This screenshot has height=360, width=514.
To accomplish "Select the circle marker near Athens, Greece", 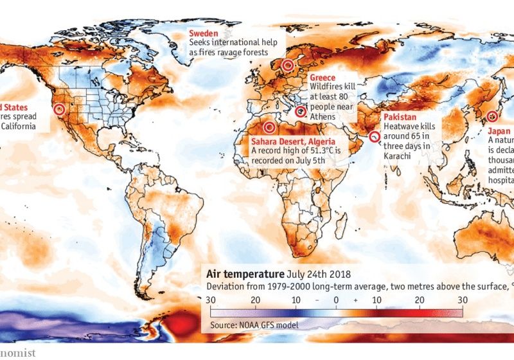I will (299, 111).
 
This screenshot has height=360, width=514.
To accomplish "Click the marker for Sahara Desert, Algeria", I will (269, 127).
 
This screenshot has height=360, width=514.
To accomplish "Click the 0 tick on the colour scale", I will (335, 300).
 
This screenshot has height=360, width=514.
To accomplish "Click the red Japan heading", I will (500, 129).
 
